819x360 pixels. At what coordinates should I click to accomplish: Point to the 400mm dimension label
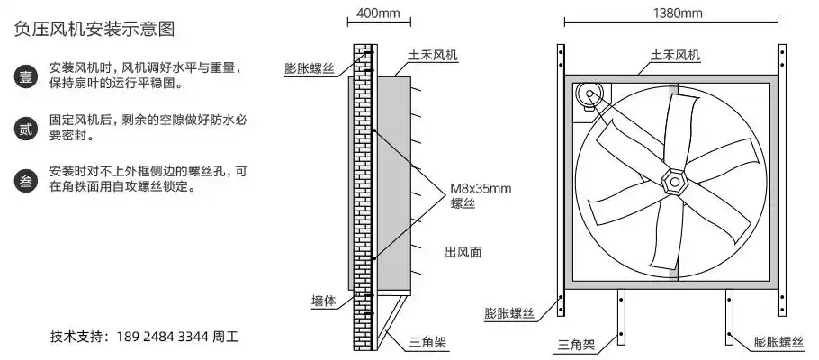[379, 14]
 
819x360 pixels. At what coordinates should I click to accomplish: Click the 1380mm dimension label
[678, 14]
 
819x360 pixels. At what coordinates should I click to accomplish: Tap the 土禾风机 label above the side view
[433, 55]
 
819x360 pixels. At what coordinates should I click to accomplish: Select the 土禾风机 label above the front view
[676, 55]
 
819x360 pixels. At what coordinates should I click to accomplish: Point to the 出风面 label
[463, 252]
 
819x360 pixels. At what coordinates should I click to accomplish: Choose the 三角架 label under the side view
[428, 343]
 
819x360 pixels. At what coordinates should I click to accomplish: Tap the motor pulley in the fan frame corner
[589, 93]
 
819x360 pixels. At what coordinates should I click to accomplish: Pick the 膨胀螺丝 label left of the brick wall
[309, 68]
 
